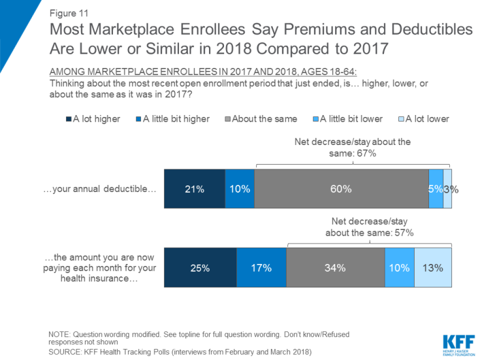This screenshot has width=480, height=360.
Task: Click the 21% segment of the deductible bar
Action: (x=194, y=189)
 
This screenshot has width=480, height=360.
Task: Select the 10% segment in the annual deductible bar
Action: (x=240, y=189)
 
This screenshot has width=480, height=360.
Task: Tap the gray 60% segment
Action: (x=342, y=189)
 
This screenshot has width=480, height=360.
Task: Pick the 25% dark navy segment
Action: (x=200, y=267)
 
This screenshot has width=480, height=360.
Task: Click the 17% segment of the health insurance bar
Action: (x=261, y=267)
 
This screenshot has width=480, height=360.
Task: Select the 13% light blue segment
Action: (x=433, y=267)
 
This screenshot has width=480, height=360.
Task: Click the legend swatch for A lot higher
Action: (x=68, y=120)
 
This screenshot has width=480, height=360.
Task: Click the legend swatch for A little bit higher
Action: (x=138, y=120)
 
